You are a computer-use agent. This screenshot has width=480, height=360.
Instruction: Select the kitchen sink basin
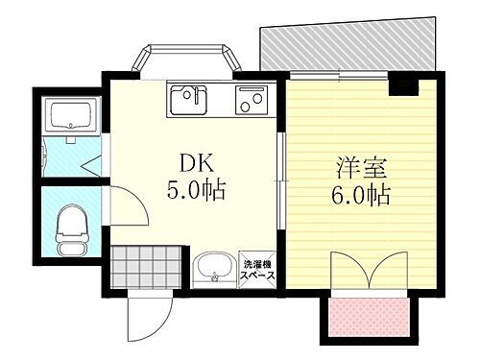(188, 99)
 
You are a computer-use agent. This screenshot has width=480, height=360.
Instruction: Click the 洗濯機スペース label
(259, 270)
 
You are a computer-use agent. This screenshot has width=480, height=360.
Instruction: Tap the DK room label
(195, 162)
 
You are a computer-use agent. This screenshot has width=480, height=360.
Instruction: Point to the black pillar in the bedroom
(402, 87)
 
